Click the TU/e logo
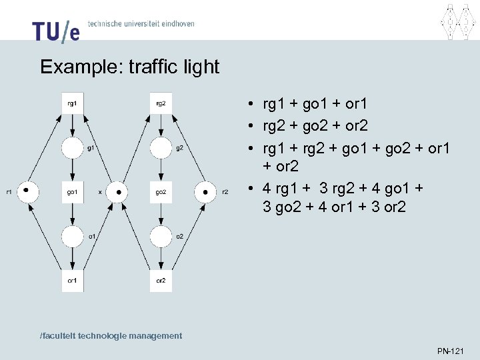pos(55,30)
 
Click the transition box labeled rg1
pos(72,103)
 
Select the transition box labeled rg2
pos(161,103)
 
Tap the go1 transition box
pos(72,192)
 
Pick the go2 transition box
pos(161,192)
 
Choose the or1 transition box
pos(72,281)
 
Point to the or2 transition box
pos(161,281)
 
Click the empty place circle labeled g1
pos(72,148)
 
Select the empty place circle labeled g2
pos(161,148)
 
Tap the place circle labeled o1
pos(72,236)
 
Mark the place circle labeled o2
pos(161,236)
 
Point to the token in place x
pos(118,192)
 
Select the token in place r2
pos(206,192)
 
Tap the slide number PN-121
pos(451,351)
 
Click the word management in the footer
pos(157,336)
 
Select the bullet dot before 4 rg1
pos(247,187)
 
